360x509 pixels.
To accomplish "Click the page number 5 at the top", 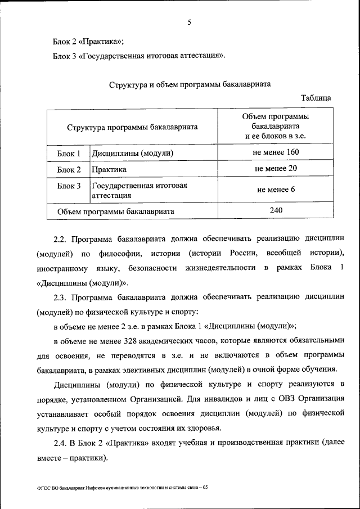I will point(189,22).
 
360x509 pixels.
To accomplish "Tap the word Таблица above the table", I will point(316,98).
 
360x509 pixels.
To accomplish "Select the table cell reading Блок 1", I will point(69,153).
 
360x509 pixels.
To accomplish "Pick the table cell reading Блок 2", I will point(69,169).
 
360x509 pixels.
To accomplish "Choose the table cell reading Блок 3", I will point(69,186).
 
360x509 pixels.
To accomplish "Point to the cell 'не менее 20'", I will point(276,168).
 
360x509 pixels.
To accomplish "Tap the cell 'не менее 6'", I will point(276,190).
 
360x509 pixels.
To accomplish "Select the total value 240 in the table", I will point(276,210).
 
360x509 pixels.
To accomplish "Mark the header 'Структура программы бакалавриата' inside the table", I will point(132,127).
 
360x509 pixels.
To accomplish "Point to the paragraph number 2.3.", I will point(60,296).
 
